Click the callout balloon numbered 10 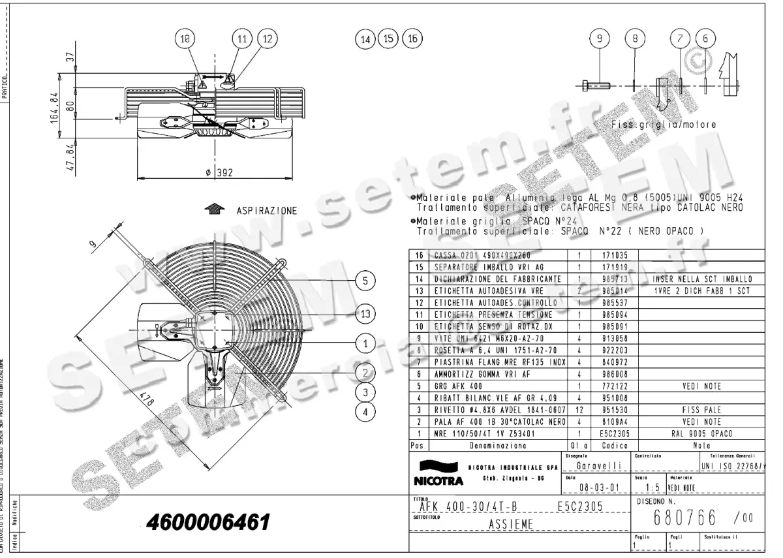click(x=187, y=39)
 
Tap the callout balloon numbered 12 click(x=267, y=39)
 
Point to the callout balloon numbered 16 click(x=412, y=39)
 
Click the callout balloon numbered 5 click(x=366, y=281)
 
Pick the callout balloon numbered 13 click(x=366, y=314)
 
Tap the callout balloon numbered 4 click(x=366, y=411)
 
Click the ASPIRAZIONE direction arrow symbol click(x=213, y=209)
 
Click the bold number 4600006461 click(x=208, y=523)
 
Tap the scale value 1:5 click(x=647, y=488)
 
